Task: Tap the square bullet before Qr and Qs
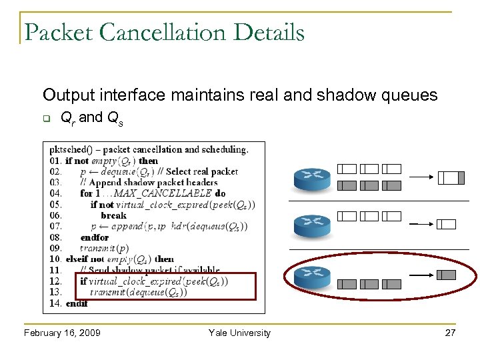(x=47, y=119)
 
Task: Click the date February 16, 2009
(x=61, y=333)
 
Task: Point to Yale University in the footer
(x=239, y=333)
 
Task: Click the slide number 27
(x=450, y=333)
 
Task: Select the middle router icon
(x=312, y=225)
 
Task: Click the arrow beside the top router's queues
(x=421, y=177)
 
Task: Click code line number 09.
(x=55, y=249)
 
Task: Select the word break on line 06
(x=113, y=215)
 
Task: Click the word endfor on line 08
(x=94, y=237)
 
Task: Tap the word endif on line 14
(x=77, y=303)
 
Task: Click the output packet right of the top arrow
(x=451, y=177)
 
